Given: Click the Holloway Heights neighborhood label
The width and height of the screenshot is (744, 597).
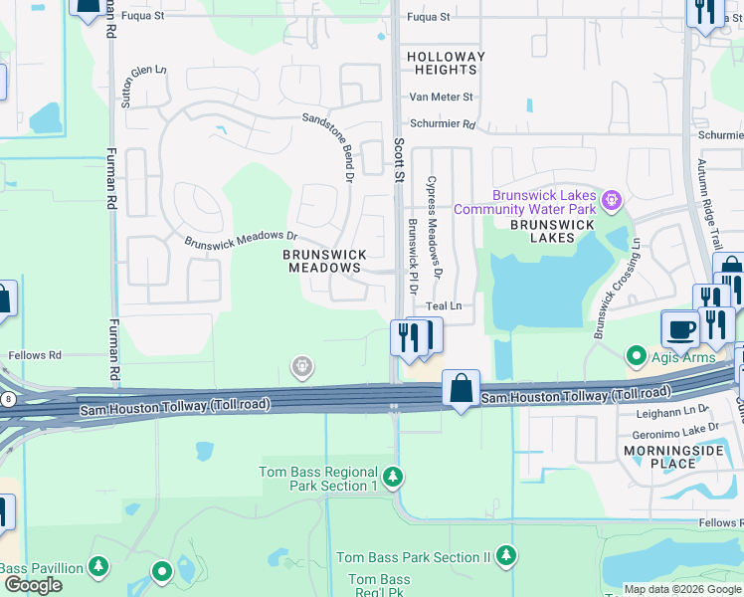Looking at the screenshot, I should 446,64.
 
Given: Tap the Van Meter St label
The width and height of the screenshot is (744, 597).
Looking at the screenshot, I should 443,98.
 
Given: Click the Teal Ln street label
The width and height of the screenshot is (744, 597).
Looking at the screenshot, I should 444,306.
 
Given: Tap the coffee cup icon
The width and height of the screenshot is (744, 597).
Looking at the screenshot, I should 680,328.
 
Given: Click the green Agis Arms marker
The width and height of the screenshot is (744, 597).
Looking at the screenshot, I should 636,356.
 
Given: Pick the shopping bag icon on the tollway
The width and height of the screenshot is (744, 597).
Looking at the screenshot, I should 462,388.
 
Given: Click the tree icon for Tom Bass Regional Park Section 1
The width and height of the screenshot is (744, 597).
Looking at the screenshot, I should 394,479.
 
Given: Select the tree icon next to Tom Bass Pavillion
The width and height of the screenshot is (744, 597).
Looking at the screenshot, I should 97,566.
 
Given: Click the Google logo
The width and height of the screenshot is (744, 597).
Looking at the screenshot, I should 32,585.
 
